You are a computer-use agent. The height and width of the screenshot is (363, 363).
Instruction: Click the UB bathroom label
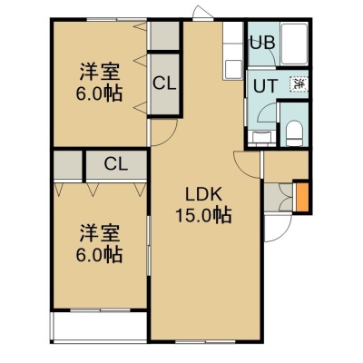tap(262, 43)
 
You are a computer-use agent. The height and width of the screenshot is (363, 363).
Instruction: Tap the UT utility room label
tap(265, 85)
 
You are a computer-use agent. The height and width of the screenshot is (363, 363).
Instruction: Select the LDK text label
tap(203, 195)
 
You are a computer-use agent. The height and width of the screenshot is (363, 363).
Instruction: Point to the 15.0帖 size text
tap(203, 215)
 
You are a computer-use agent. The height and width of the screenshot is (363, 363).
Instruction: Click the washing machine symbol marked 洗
tap(299, 83)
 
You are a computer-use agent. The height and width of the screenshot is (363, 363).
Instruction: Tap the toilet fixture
tap(294, 133)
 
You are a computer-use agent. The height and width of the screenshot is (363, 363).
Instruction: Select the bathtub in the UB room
tap(294, 44)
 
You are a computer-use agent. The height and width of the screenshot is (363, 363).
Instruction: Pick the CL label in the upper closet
tap(164, 83)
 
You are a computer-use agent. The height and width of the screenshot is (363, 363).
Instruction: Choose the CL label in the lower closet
tap(116, 164)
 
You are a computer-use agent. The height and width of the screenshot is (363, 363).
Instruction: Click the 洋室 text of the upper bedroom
tap(100, 72)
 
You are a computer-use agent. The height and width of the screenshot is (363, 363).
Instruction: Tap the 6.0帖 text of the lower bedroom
tap(99, 254)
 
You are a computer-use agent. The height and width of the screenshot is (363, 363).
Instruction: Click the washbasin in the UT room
tap(262, 138)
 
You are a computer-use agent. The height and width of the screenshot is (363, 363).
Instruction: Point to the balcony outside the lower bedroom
tap(99, 326)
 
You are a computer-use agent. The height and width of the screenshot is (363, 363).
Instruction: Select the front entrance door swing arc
tap(283, 233)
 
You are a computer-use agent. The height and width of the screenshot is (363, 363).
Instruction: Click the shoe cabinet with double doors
tap(279, 197)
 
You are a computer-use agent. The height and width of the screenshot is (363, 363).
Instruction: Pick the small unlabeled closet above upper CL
tap(164, 35)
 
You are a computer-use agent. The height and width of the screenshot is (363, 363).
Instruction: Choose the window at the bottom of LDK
tap(205, 342)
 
